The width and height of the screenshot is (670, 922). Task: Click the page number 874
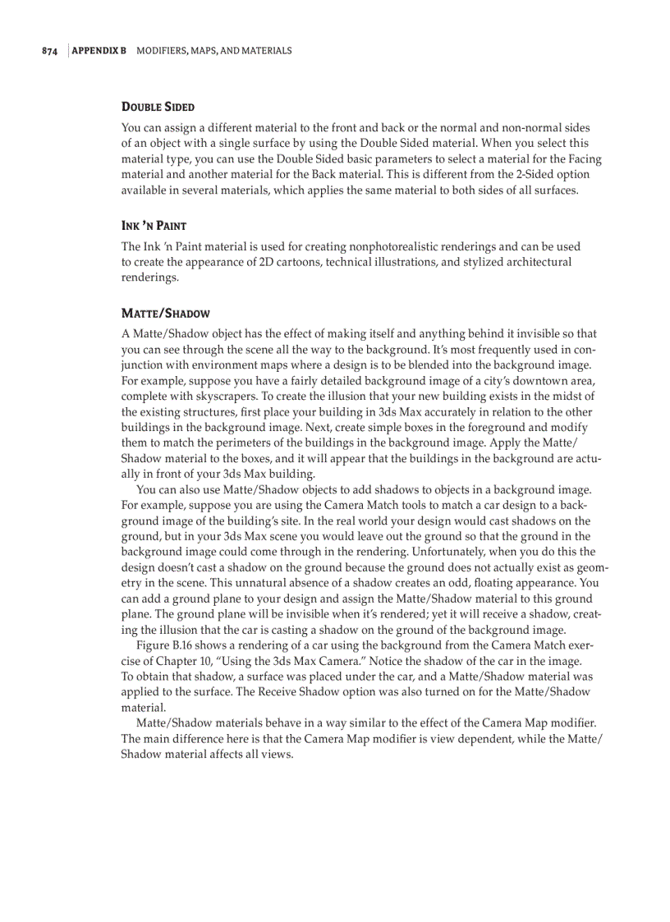point(49,51)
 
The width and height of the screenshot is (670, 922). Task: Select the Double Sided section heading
point(158,107)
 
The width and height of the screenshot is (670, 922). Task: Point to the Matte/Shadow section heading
point(165,313)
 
